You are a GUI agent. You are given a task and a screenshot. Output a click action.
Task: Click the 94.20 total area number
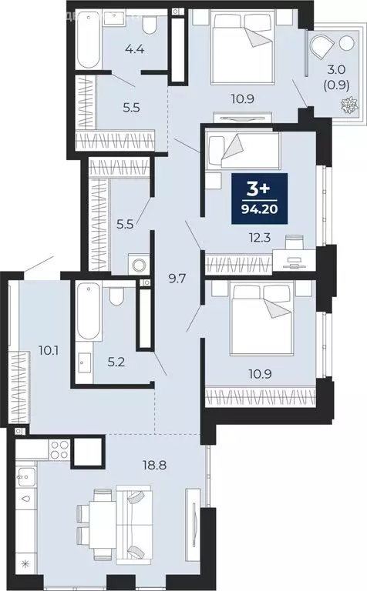pos(260,208)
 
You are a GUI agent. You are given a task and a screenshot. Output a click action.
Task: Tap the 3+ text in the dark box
pos(260,188)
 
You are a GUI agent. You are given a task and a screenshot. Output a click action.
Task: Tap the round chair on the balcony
pos(320,48)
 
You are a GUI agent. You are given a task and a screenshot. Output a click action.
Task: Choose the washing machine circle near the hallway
pos(138,265)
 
